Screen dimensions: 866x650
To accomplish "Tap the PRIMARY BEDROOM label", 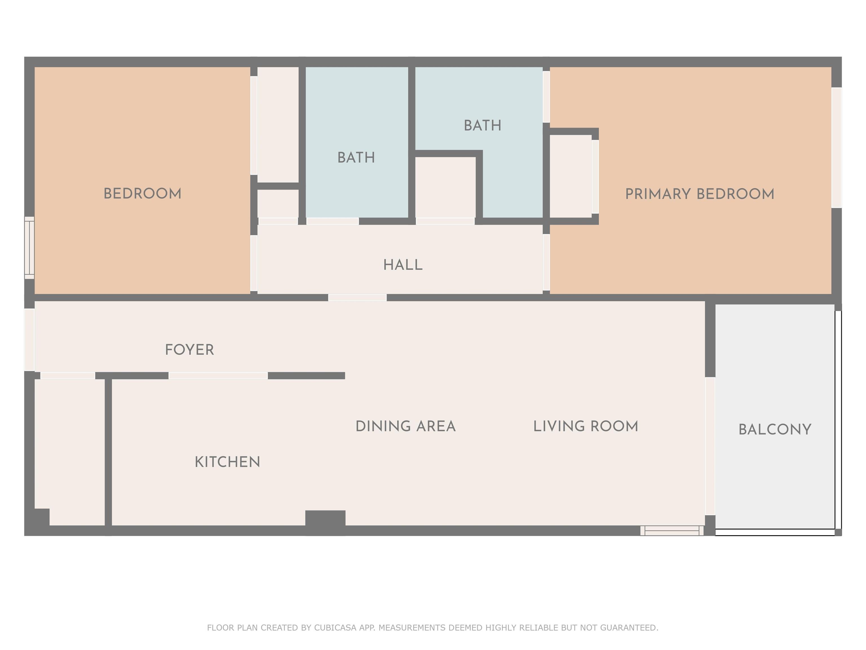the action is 700,194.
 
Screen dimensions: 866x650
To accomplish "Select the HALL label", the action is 403,265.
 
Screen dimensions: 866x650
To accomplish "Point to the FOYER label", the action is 189,350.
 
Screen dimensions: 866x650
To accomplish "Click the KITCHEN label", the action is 227,462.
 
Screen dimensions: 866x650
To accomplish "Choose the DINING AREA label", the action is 406,426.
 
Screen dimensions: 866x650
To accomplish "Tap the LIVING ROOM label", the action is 586,426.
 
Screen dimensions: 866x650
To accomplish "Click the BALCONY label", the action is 775,429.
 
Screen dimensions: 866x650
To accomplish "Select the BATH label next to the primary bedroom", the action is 482,125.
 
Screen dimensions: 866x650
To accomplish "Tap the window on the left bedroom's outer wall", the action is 29,248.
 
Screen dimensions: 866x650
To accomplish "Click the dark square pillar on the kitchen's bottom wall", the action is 325,523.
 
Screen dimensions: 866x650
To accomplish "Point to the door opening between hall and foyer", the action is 357,298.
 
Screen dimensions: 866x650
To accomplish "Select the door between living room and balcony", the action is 710,446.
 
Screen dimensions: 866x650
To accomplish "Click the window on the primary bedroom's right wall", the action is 836,148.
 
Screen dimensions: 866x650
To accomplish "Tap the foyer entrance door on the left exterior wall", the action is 29,339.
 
